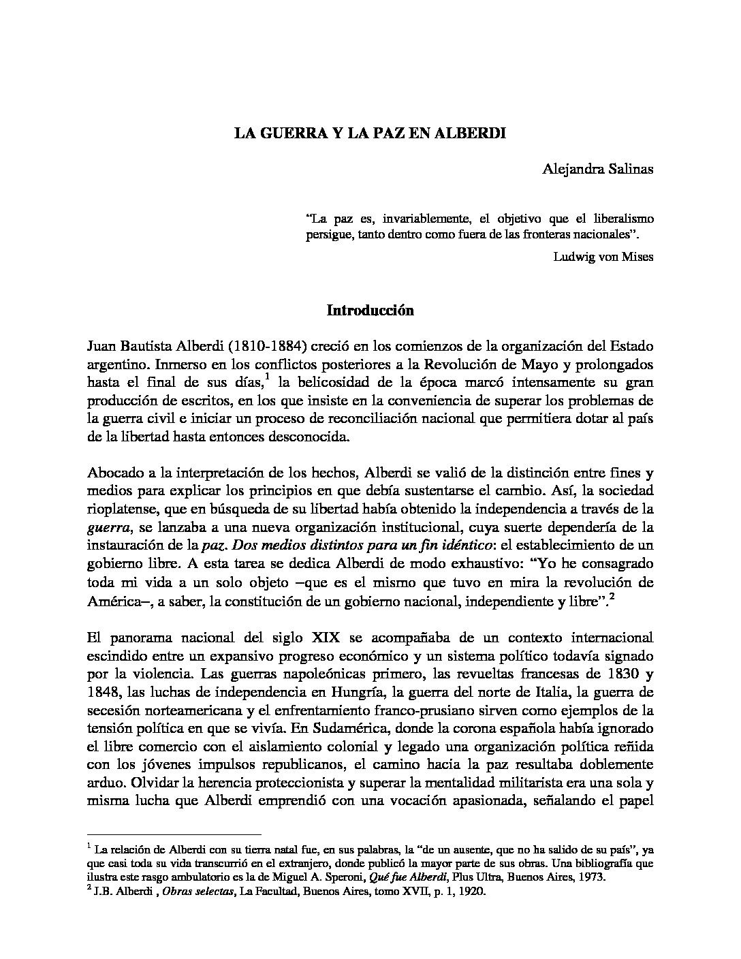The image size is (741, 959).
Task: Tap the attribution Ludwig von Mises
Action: coord(603,257)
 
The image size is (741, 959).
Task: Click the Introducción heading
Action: coord(370,311)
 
